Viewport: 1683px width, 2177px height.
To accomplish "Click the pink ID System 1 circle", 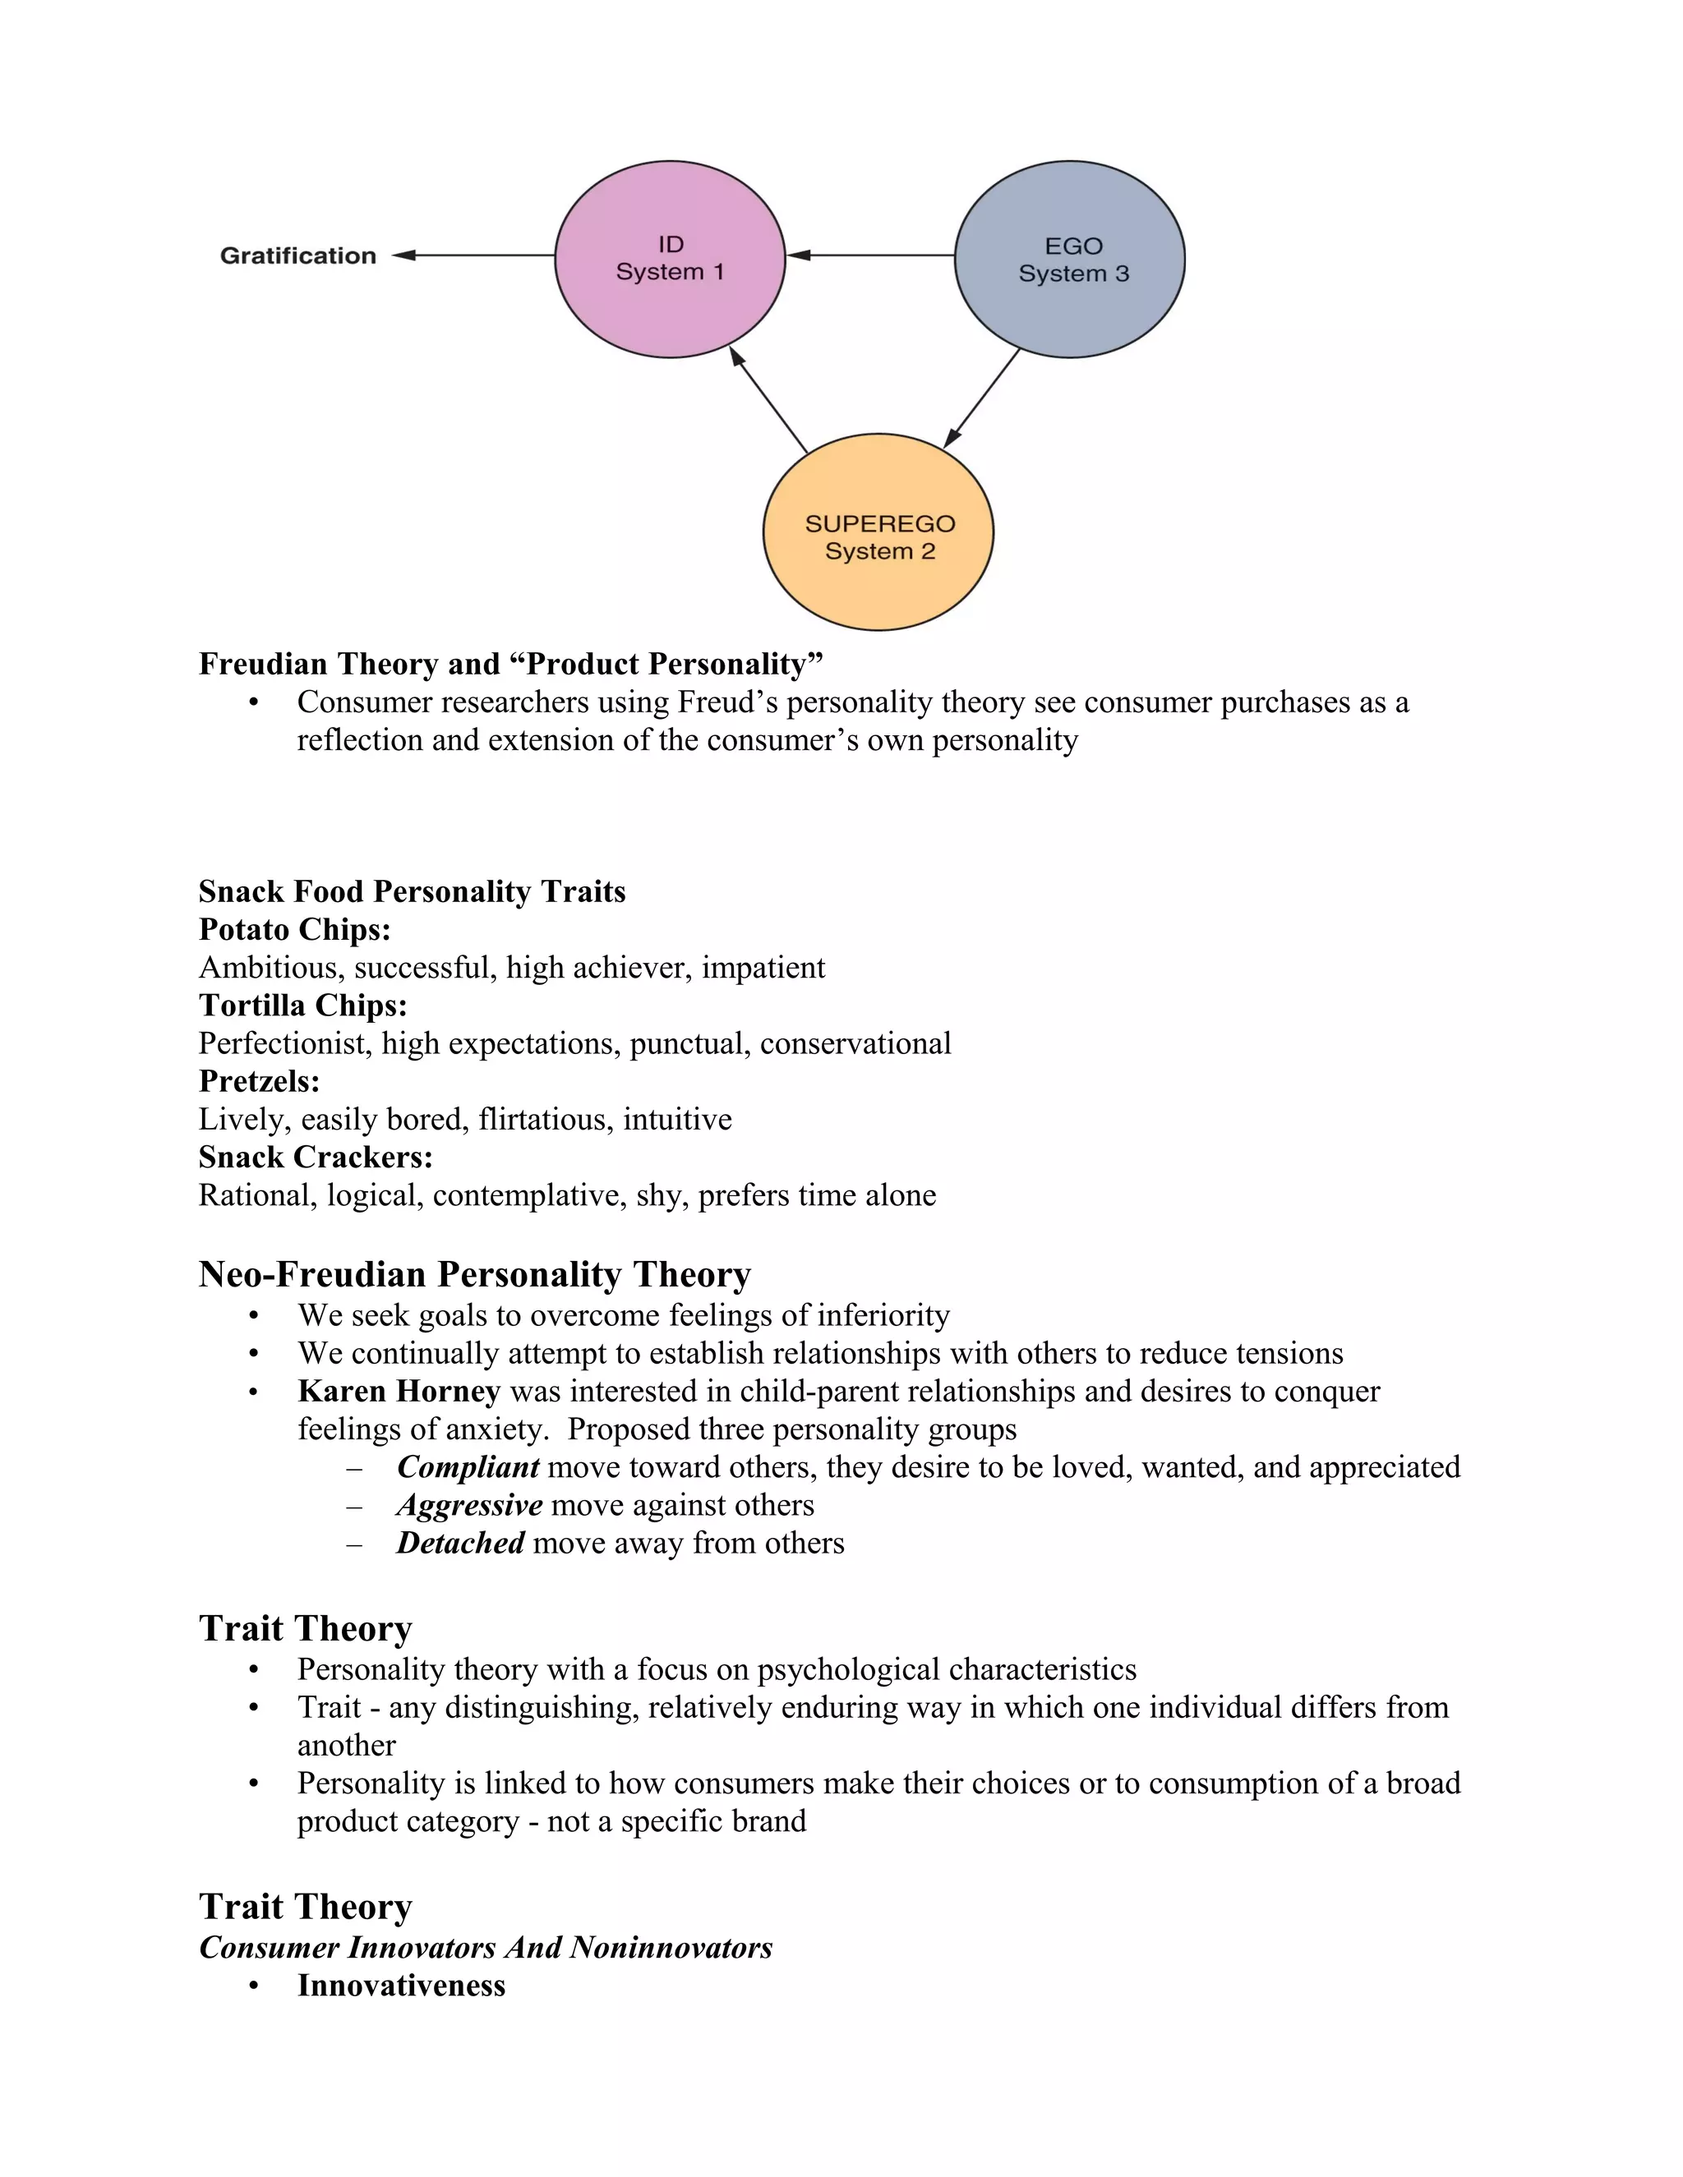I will pos(669,258).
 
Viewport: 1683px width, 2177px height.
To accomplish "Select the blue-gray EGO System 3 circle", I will pos(1069,259).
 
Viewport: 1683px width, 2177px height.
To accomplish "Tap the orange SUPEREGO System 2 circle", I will pos(878,533).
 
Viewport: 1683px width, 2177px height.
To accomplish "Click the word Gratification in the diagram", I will pos(297,256).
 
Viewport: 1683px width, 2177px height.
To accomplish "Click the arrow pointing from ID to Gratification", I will pos(473,255).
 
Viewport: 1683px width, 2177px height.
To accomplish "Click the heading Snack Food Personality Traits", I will pos(412,891).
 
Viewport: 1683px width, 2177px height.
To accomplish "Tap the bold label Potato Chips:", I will pos(294,929).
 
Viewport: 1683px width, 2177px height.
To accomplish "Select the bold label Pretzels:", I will pos(259,1080).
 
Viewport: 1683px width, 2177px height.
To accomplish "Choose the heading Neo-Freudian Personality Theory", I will pos(475,1275).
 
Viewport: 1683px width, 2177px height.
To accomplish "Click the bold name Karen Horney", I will pos(399,1391).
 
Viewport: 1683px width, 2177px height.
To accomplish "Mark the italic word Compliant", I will pos(468,1467).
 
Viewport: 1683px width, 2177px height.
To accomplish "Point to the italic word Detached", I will pos(459,1543).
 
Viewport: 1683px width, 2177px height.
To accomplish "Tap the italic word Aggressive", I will pos(469,1505).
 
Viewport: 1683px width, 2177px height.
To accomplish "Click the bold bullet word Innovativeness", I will pos(401,1985).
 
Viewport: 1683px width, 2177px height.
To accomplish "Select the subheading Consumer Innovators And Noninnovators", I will pos(486,1947).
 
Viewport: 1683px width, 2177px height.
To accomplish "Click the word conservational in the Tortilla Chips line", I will pos(855,1043).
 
